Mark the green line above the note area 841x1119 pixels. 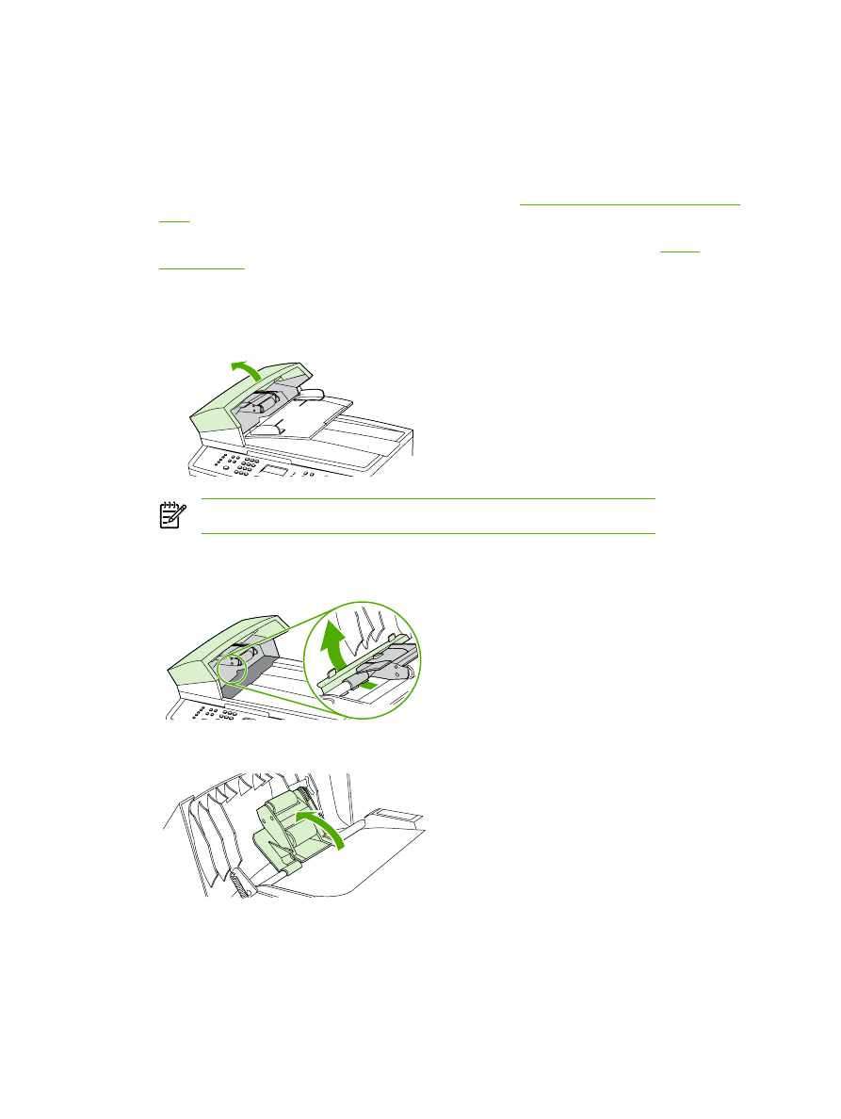[x=428, y=499]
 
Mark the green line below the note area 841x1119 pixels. [x=428, y=533]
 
